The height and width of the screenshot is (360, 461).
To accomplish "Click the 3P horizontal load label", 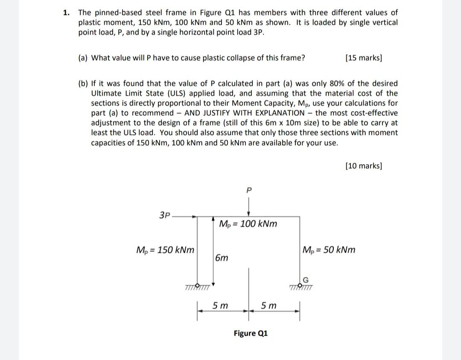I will (165, 215).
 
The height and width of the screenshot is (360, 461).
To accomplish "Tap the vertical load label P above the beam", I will (249, 189).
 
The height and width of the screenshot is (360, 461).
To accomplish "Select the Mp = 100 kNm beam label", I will (248, 224).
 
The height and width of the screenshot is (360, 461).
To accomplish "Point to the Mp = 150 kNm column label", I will (165, 250).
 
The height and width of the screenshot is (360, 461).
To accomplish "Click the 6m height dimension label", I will (222, 258).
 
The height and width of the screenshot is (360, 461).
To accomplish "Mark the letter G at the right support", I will (305, 280).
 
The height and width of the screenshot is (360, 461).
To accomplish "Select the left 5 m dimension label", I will (220, 306).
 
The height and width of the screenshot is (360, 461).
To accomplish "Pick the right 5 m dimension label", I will (269, 306).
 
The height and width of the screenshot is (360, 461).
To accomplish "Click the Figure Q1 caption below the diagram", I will (251, 333).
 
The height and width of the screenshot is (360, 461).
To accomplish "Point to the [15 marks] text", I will (363, 58).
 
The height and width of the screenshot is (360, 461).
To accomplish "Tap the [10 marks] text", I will (363, 166).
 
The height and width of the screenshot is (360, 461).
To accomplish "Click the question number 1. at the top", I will (66, 13).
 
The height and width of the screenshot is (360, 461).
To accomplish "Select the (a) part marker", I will (83, 58).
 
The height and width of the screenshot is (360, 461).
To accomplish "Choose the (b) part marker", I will (83, 83).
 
